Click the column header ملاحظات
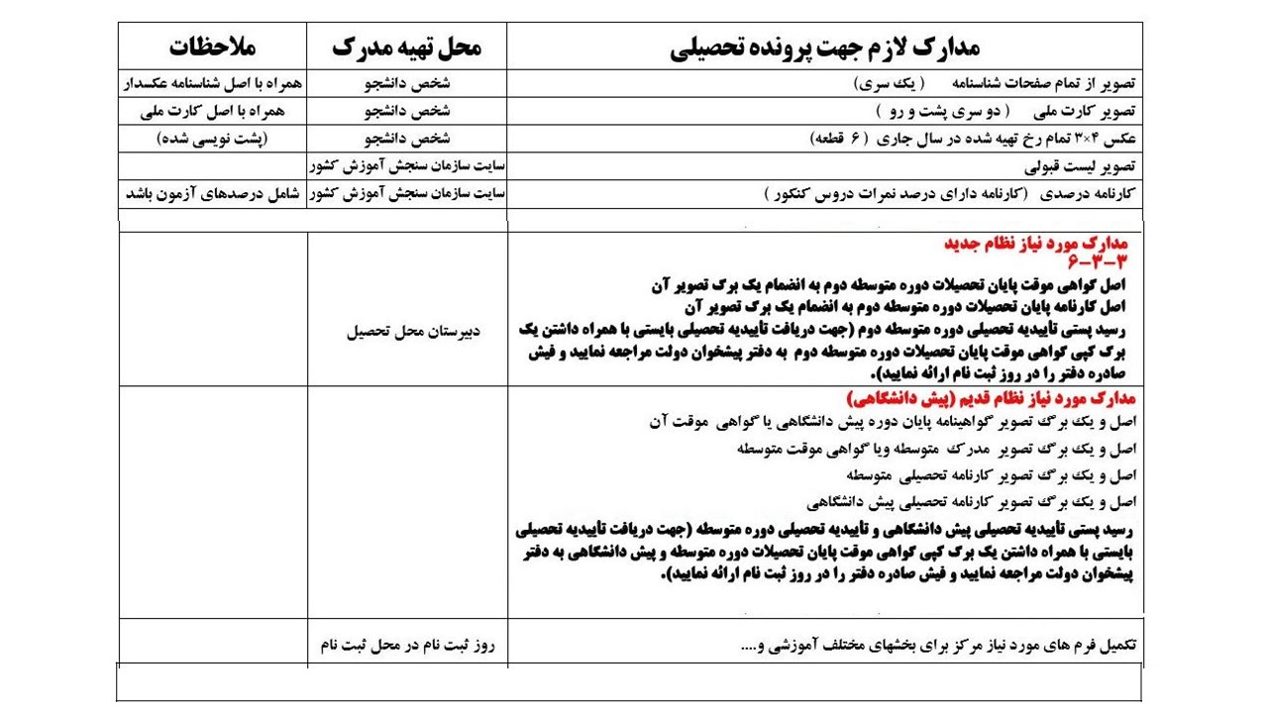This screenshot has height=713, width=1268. (212, 47)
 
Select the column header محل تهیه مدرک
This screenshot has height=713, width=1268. (406, 47)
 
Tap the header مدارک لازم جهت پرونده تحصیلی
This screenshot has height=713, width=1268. (824, 47)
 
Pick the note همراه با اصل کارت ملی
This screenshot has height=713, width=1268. (212, 111)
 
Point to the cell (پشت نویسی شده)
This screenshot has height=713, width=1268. (212, 139)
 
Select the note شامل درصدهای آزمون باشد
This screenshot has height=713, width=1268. (212, 193)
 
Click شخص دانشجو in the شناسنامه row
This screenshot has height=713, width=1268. (406, 83)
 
